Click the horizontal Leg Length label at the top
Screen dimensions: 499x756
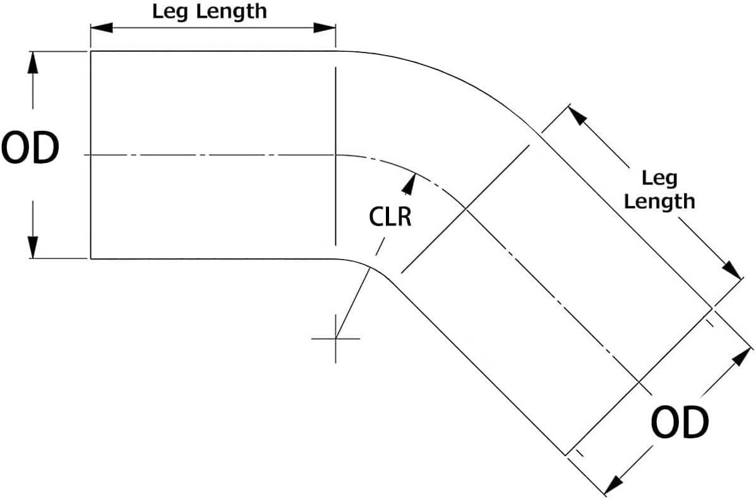coord(210,11)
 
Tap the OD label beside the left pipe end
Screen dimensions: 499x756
coord(30,149)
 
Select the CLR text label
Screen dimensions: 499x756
coord(390,217)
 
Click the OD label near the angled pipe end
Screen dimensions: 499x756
coord(679,424)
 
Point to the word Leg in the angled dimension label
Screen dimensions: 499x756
coord(659,178)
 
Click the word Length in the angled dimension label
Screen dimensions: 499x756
coord(659,201)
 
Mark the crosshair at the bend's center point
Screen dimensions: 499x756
coord(335,339)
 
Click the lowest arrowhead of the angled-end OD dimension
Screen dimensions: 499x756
coord(612,487)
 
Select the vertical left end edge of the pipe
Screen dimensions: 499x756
coord(91,155)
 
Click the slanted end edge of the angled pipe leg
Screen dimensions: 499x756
coord(638,382)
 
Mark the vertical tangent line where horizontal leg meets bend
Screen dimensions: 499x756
coord(335,155)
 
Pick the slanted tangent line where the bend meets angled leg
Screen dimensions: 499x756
coord(465,209)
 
